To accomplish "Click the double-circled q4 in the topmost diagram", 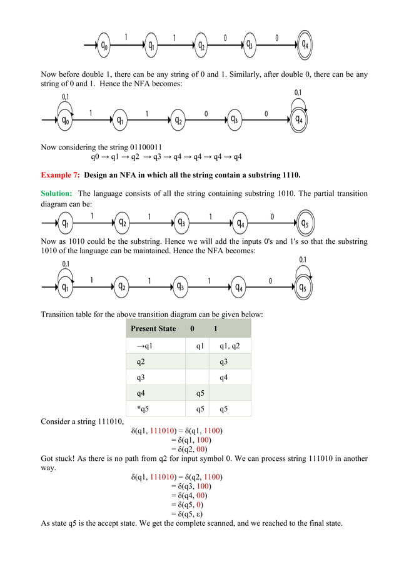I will tap(304, 45).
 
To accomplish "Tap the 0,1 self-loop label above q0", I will tap(66, 97).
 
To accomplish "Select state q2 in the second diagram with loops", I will tap(179, 119).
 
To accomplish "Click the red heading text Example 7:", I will tap(60, 174).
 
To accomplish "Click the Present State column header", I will tap(153, 329).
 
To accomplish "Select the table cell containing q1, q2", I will tap(230, 346).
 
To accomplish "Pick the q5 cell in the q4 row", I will tap(199, 393).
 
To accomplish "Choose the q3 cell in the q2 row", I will tap(223, 361).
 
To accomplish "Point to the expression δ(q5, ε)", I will tap(190, 513).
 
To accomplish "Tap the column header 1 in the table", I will tap(216, 329).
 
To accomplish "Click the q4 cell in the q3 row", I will tap(223, 378).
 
